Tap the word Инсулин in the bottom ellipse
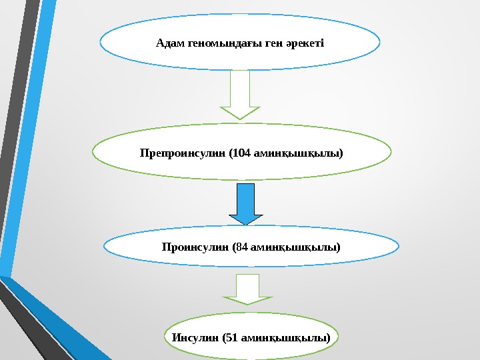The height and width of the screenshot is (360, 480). pyautogui.click(x=195, y=337)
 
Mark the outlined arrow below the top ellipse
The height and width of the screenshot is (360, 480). pyautogui.click(x=240, y=95)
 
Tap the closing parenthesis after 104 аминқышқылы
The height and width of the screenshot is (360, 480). pyautogui.click(x=341, y=153)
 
